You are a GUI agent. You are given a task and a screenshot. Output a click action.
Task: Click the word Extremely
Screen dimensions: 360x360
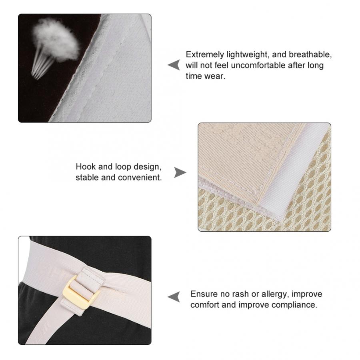[x=205, y=55]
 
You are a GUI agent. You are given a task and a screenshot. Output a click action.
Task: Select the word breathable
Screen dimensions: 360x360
[x=310, y=54]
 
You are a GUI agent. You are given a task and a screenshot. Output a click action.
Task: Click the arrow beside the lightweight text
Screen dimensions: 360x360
[x=174, y=65]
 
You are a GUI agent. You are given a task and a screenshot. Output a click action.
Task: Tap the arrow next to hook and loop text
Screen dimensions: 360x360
[x=180, y=172]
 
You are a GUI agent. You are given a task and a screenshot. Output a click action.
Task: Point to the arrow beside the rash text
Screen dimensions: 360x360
[x=174, y=297]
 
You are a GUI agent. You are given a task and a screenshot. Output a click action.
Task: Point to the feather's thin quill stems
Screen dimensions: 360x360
[x=41, y=66]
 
